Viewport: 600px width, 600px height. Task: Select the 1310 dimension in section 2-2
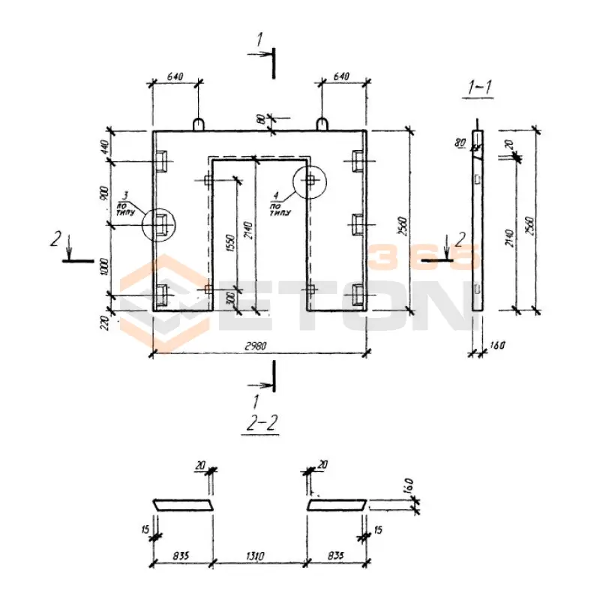click(x=259, y=556)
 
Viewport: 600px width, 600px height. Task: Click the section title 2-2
click(x=262, y=424)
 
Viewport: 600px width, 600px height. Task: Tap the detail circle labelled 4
click(x=309, y=180)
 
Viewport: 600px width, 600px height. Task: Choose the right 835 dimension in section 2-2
click(x=337, y=556)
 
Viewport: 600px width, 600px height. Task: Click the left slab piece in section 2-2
click(x=182, y=505)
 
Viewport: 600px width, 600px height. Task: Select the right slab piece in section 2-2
click(x=337, y=505)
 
